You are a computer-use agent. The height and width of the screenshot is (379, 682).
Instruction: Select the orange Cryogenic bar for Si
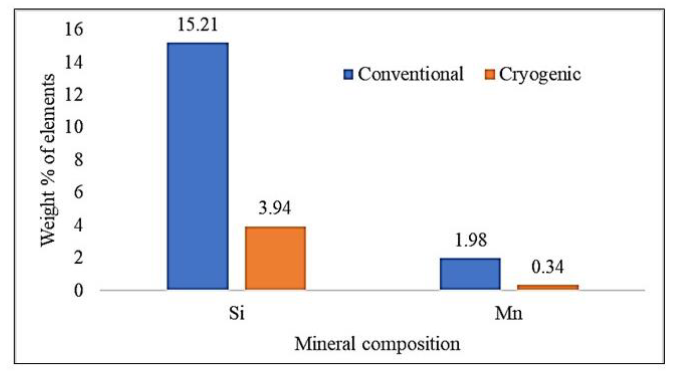[275, 258]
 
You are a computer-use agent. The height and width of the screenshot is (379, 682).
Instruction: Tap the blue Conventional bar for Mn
[470, 274]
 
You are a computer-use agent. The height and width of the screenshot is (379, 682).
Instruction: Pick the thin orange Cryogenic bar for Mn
[548, 287]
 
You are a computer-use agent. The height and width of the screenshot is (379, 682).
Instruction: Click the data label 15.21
[198, 25]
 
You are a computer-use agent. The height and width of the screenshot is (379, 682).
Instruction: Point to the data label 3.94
[275, 208]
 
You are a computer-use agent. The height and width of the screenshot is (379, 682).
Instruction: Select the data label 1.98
[470, 240]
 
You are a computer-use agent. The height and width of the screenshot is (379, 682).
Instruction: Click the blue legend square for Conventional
[348, 74]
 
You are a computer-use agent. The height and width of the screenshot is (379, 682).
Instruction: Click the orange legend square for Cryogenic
[490, 74]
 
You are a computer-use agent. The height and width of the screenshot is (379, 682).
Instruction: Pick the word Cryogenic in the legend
[540, 74]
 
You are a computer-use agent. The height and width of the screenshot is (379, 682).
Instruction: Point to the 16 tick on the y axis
[74, 29]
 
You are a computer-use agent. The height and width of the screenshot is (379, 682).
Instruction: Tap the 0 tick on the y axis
[78, 291]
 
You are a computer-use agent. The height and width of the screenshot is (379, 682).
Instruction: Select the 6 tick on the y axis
[78, 192]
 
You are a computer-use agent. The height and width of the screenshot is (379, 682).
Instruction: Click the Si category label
[236, 313]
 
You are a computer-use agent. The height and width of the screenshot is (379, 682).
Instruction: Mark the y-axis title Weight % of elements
[48, 160]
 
